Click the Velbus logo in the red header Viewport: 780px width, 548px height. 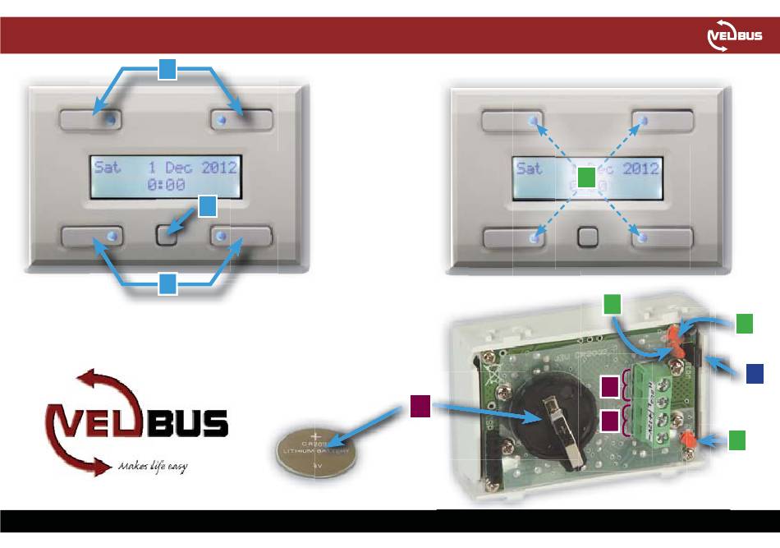734,37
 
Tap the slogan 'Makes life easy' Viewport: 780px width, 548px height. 152,466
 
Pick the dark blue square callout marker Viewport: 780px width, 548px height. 756,373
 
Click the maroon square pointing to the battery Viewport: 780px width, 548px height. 420,404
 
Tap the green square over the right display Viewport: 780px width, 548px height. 585,177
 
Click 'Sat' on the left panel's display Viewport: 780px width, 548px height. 108,168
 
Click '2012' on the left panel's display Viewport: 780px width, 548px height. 218,168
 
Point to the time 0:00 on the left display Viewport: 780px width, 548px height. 166,186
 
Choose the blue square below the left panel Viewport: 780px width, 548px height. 167,284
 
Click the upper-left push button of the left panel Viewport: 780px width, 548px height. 89,120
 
